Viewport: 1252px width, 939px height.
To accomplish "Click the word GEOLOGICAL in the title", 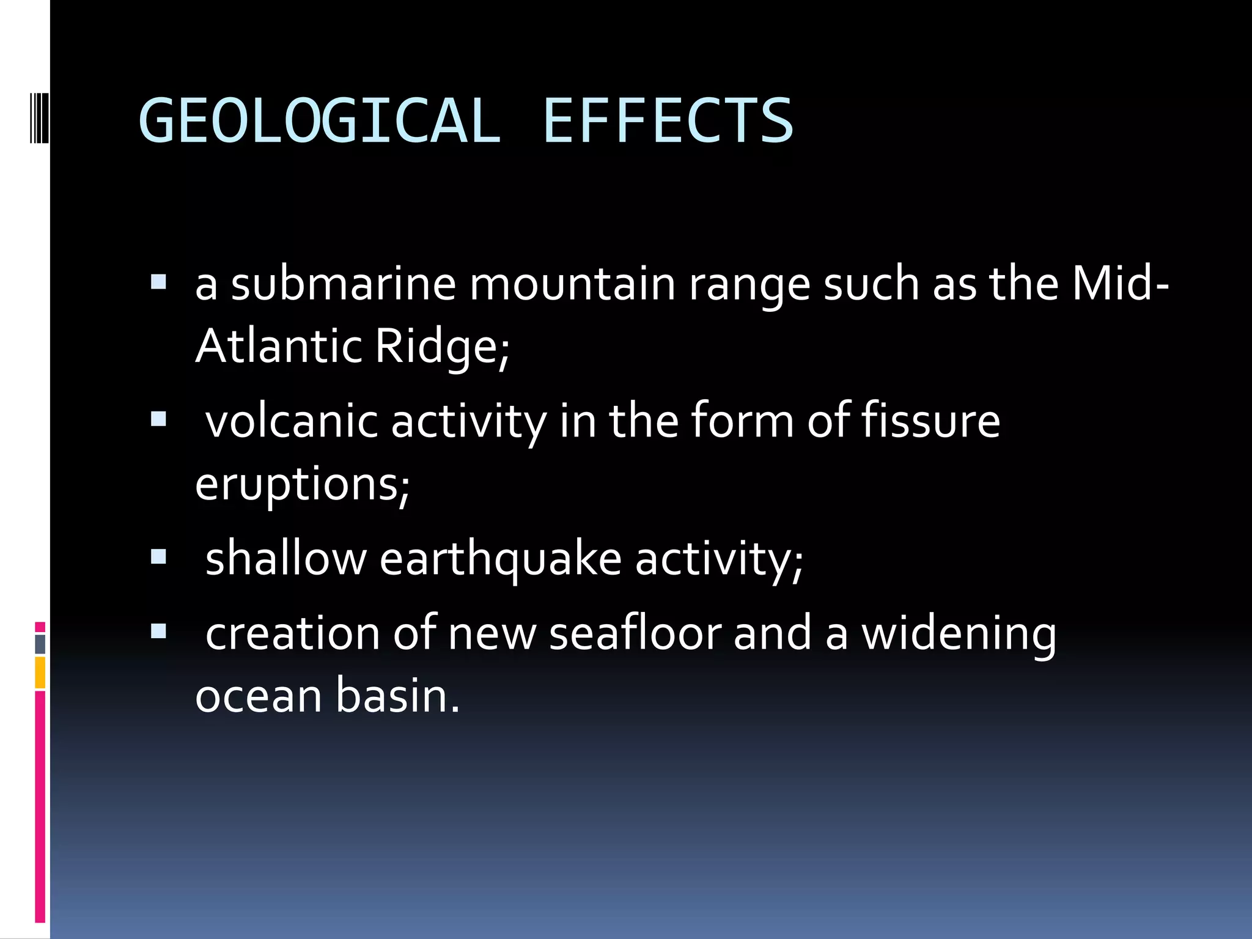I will coord(319,121).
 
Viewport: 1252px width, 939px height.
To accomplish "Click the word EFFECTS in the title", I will coord(668,121).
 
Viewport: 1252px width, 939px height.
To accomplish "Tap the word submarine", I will coord(343,284).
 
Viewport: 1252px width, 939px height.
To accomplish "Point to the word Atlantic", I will coord(279,346).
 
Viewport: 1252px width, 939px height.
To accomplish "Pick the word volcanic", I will coord(292,422).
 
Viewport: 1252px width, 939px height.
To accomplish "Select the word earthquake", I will coord(500,559).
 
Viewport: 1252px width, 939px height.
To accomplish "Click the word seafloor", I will coord(635,633).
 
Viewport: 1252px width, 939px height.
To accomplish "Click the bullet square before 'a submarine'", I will coord(158,282).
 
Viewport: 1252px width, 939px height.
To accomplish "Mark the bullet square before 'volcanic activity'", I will coord(158,419).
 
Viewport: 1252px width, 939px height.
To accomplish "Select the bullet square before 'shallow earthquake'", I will coord(158,556).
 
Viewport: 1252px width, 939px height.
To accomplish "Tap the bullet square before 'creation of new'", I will coord(158,631).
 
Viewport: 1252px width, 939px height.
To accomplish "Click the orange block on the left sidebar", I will coord(40,672).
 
